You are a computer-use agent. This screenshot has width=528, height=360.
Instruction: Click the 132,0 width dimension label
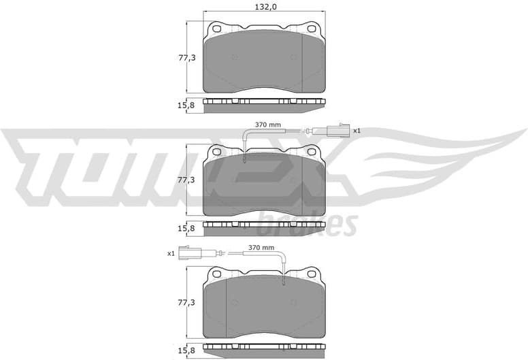click(x=264, y=7)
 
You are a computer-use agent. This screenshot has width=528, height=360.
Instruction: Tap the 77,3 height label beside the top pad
click(x=177, y=58)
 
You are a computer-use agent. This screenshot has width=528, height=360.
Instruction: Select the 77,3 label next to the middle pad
click(x=177, y=180)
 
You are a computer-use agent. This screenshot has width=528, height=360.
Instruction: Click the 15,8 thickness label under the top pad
click(x=177, y=105)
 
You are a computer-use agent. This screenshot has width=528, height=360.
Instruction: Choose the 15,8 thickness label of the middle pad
click(x=177, y=227)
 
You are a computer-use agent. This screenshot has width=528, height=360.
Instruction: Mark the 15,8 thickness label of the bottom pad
click(x=177, y=350)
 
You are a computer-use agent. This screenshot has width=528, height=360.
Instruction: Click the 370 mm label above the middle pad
click(x=268, y=125)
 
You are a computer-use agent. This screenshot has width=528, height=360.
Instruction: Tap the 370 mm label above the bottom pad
click(x=261, y=248)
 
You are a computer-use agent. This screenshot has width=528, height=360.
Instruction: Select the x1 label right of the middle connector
click(x=356, y=130)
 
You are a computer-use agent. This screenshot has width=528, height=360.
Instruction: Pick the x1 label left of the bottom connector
click(x=171, y=253)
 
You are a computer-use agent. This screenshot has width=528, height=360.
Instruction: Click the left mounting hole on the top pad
click(x=218, y=29)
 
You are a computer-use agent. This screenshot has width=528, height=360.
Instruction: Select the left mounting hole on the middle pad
click(x=218, y=151)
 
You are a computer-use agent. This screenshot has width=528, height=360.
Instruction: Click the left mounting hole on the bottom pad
click(x=218, y=274)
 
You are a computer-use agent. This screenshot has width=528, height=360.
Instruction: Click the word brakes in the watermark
click(x=308, y=223)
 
